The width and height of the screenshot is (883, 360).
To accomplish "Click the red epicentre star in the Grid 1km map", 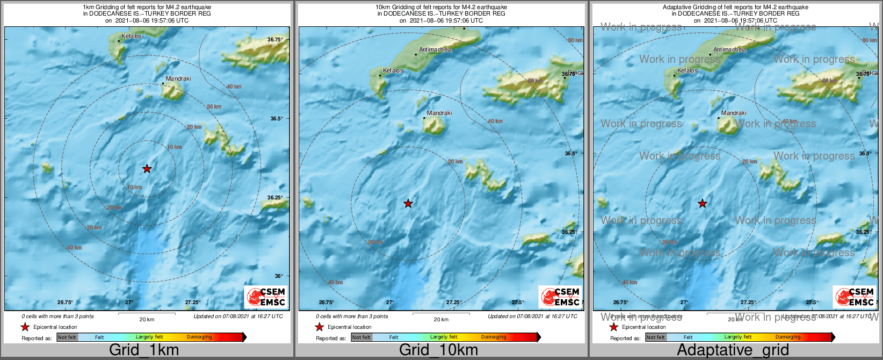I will coord(147,169).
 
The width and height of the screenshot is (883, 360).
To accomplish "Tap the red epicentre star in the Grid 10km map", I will coord(408,204).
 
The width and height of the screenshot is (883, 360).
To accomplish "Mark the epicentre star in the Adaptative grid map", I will coord(703,204).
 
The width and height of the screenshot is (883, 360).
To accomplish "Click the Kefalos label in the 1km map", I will coord(132,37).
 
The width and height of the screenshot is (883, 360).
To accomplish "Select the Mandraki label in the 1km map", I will coord(178,79).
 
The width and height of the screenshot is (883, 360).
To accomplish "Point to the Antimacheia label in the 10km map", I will coord(435,50).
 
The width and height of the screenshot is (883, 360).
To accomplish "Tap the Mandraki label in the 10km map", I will coord(439,113).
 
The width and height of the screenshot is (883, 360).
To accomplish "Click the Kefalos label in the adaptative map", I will coord(687,71).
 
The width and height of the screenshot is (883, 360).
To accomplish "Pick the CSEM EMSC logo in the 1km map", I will coord(266,297).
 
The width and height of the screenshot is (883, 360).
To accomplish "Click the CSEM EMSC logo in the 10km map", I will coord(560,297).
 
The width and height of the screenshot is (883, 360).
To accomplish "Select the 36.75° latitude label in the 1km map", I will coord(275,40).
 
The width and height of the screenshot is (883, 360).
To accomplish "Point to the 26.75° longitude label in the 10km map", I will coord(327,303).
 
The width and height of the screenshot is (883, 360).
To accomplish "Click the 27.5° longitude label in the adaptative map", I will coord(812,303).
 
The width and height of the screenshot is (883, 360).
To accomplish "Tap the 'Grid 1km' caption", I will coord(144,350).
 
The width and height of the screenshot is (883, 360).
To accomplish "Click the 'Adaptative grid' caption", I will coord(733,350).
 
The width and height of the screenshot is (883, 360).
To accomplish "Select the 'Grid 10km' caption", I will coord(438,350).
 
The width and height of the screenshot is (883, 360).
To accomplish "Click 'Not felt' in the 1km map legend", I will coord(67,337).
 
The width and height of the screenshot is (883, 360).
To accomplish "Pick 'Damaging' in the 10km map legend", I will coord(494,337).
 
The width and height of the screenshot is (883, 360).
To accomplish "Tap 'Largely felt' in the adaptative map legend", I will coord(738,337).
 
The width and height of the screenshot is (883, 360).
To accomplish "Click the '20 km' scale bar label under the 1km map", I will coord(147,320).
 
